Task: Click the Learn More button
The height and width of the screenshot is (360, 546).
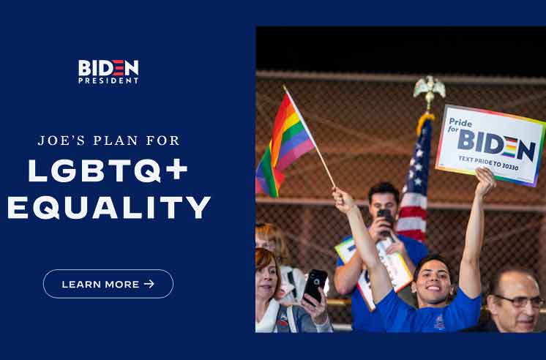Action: click(x=108, y=284)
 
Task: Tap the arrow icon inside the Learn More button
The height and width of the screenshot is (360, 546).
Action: click(x=149, y=284)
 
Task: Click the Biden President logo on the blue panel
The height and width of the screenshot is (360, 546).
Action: click(x=108, y=72)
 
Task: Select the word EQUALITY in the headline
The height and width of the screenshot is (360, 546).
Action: click(x=109, y=208)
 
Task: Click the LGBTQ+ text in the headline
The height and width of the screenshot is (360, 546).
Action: click(x=108, y=170)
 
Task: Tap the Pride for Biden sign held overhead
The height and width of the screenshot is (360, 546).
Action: click(x=490, y=144)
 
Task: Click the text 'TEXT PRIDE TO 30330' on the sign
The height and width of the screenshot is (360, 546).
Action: click(x=488, y=163)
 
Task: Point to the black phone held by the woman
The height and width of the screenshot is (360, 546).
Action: click(x=315, y=285)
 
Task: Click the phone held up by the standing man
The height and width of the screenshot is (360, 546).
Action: click(x=386, y=220)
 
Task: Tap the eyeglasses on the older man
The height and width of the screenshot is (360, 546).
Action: click(x=519, y=301)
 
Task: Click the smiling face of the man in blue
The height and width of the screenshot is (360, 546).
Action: click(x=433, y=281)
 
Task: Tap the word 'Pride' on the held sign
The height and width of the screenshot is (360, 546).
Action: click(x=460, y=122)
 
